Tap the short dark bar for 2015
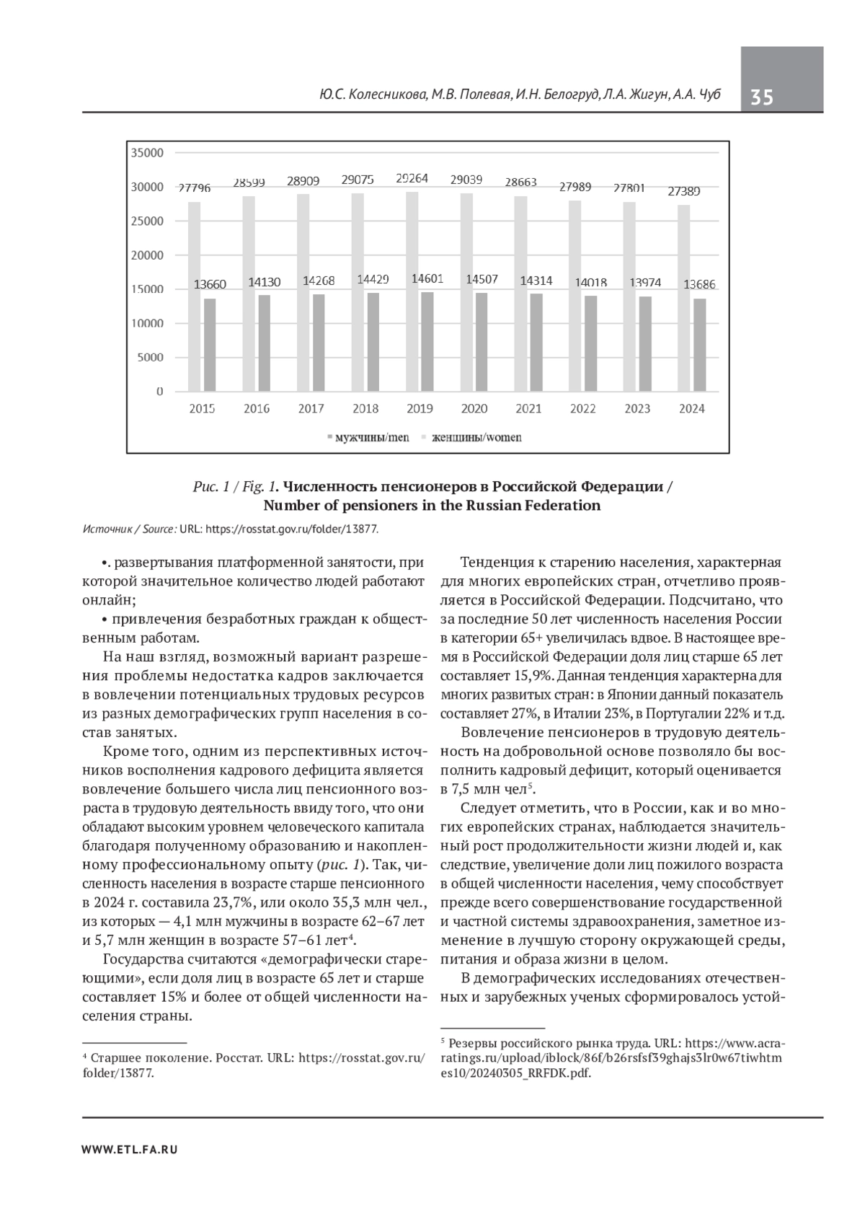[209, 345]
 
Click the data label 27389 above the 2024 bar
[684, 191]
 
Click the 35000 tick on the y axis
[147, 153]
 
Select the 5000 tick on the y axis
[150, 358]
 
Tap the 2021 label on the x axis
[528, 409]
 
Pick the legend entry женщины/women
[472, 438]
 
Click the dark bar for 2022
[590, 344]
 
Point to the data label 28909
[304, 181]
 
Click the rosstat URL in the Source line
[291, 529]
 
